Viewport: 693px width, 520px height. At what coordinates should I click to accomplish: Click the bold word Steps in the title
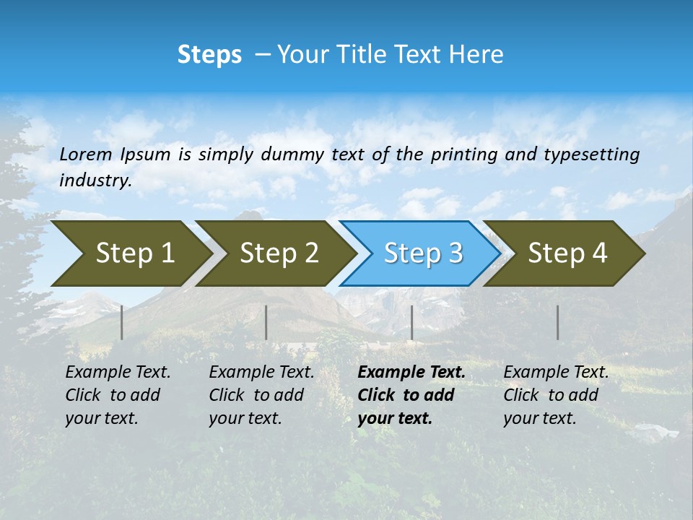[209, 55]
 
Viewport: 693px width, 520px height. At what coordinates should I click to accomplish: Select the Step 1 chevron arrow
[130, 253]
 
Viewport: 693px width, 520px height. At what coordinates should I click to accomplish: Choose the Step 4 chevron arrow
[567, 253]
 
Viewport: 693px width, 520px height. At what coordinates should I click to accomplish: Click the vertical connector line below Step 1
[122, 322]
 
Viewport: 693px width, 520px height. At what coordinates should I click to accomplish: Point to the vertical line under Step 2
[266, 322]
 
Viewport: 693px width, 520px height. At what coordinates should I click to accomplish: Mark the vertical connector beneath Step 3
[411, 322]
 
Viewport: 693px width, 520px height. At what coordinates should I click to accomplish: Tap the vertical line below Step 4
[557, 322]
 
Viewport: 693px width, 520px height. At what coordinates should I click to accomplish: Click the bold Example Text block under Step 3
[411, 395]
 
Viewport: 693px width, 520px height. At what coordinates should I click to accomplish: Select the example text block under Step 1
[118, 395]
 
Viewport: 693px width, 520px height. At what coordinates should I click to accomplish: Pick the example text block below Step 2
[261, 395]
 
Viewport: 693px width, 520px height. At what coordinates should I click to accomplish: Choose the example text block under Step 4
[556, 395]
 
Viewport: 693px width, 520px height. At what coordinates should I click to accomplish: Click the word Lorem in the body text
[85, 154]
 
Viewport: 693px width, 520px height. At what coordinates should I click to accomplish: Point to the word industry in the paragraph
[95, 180]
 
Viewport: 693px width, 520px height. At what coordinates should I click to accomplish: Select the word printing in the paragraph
[465, 155]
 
